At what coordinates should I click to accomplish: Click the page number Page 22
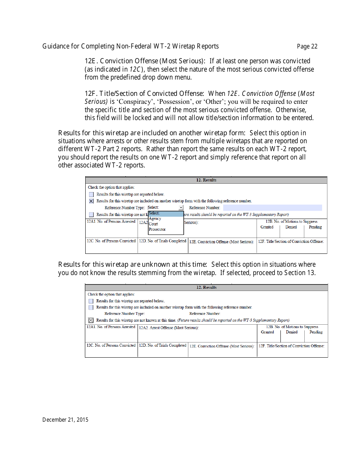point(307,47)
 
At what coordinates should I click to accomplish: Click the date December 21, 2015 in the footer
point(65,419)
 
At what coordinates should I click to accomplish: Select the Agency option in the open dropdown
point(155,219)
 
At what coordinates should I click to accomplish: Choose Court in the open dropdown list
point(153,224)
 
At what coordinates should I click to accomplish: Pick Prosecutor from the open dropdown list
point(157,229)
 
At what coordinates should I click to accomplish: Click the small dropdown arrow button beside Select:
point(181,208)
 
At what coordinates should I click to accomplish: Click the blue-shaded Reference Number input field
point(272,208)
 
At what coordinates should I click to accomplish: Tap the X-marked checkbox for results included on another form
point(91,201)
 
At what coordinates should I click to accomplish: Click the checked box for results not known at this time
point(91,320)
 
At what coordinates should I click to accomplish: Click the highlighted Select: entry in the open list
point(165,213)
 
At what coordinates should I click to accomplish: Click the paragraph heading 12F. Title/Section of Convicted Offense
point(144,94)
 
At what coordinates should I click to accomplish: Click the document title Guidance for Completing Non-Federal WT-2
point(130,47)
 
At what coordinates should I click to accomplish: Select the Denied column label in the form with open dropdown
point(291,227)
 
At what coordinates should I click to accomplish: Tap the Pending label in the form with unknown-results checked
point(316,332)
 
